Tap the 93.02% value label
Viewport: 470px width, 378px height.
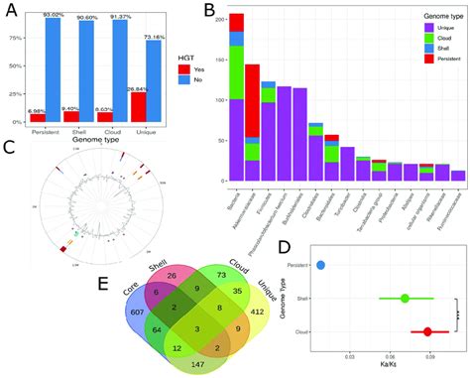click(x=54, y=14)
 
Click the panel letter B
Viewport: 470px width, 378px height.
click(x=210, y=12)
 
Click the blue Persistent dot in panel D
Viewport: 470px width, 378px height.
click(x=319, y=265)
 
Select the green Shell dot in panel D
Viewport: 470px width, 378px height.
click(x=405, y=298)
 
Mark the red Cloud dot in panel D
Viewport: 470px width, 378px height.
click(x=427, y=331)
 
